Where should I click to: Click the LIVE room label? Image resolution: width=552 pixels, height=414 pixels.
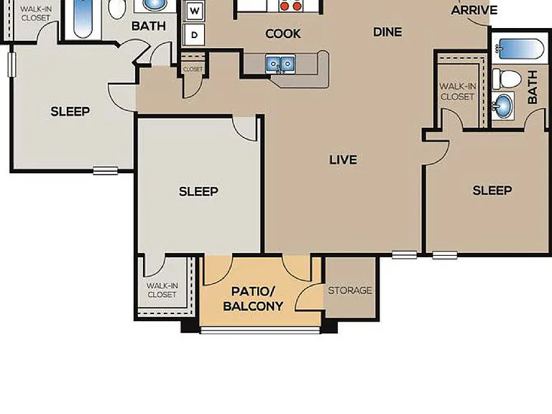(x=344, y=160)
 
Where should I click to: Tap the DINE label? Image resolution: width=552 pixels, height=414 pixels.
(x=387, y=32)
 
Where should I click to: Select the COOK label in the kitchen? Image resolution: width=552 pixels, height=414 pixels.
(x=283, y=34)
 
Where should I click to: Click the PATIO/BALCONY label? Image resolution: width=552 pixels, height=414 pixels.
(x=253, y=299)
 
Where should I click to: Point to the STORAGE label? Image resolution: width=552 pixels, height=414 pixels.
(x=350, y=290)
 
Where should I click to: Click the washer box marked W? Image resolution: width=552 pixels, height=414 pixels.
(x=194, y=11)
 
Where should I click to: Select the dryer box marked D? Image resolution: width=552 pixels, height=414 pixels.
(x=194, y=34)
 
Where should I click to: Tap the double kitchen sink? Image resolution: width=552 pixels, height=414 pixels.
(x=280, y=64)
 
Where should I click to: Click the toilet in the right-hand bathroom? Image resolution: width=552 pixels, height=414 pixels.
(x=506, y=79)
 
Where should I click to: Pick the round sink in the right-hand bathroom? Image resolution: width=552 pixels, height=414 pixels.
(x=503, y=105)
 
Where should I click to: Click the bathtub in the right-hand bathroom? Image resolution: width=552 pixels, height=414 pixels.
(x=519, y=48)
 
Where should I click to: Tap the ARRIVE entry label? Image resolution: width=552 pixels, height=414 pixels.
(x=474, y=10)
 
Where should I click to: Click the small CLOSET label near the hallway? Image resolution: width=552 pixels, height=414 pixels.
(x=193, y=69)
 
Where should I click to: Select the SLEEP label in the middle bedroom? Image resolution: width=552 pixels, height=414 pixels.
(x=198, y=191)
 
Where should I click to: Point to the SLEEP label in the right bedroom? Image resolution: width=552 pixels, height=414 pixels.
(x=492, y=190)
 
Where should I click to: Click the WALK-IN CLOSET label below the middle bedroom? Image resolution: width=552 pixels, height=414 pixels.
(x=162, y=290)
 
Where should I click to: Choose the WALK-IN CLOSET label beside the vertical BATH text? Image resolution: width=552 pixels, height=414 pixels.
(x=457, y=91)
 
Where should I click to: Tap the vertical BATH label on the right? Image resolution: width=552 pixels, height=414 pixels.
(x=533, y=87)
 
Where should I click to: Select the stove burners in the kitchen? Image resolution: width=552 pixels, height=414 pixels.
(x=291, y=6)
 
